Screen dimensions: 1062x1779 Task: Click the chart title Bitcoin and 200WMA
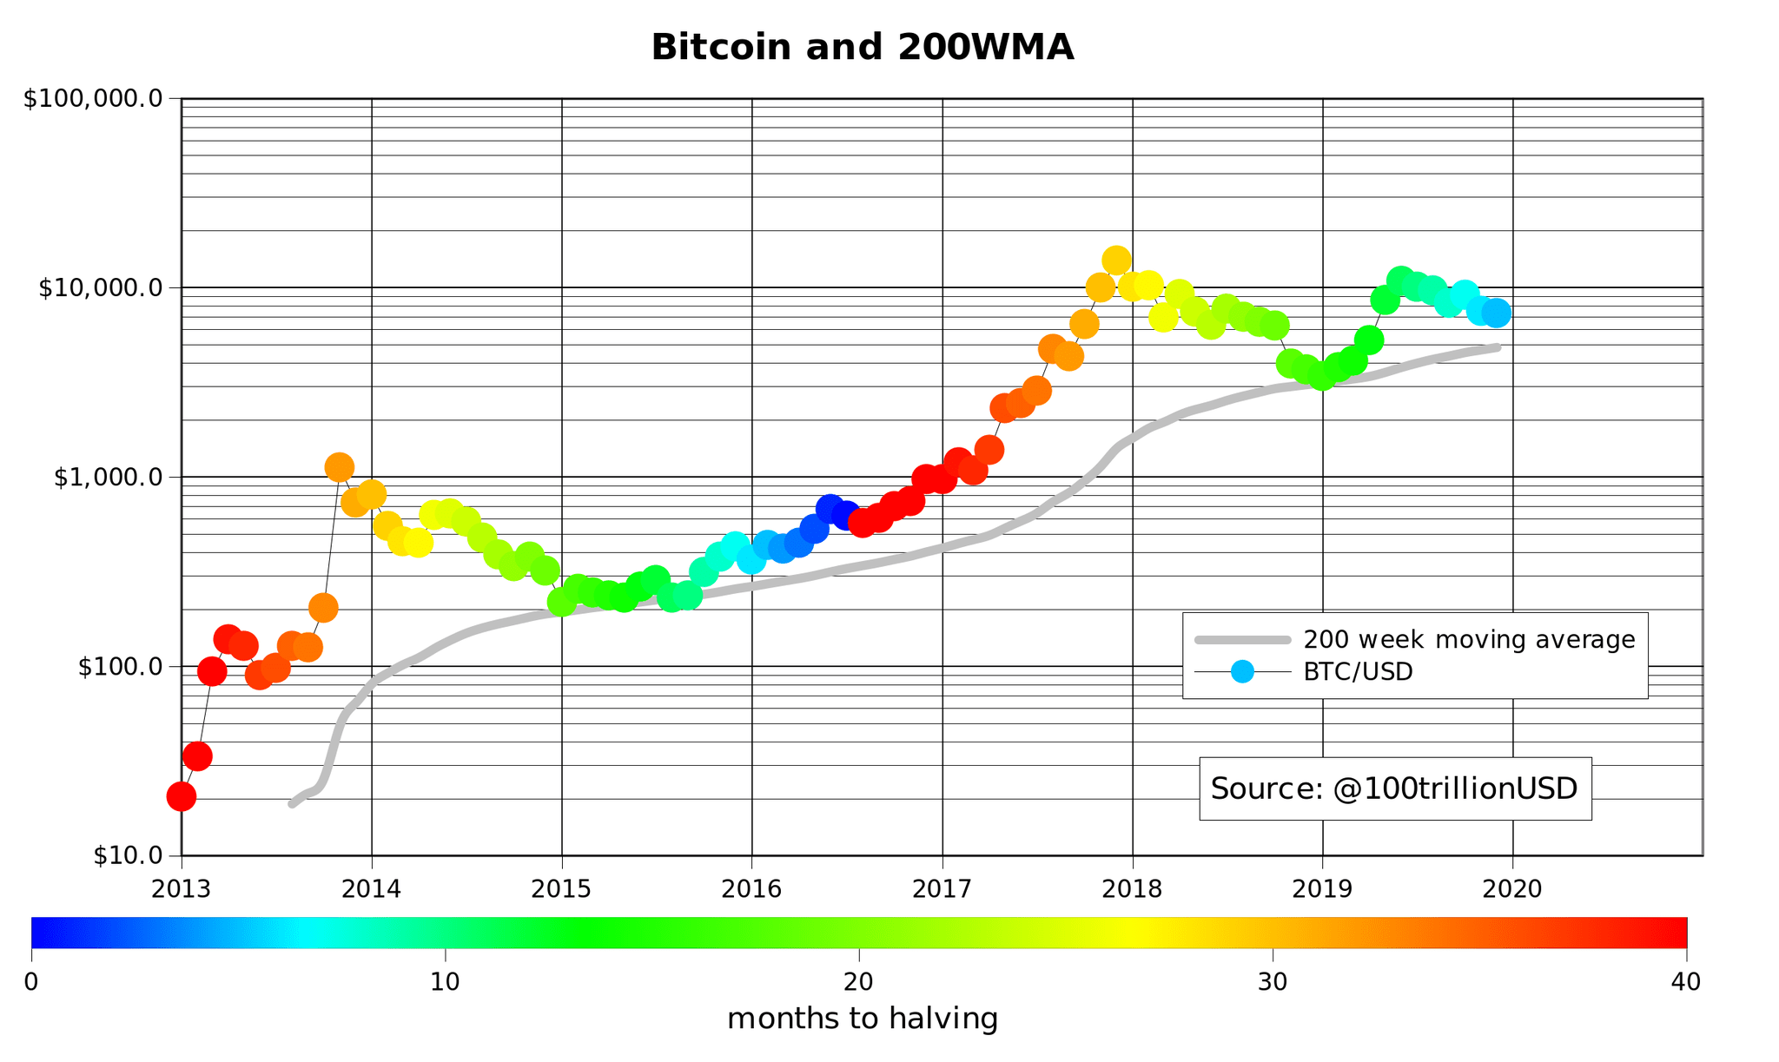(862, 48)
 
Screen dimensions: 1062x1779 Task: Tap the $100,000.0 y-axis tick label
(94, 99)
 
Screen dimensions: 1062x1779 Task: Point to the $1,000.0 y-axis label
(109, 477)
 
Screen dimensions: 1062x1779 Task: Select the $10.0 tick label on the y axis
(127, 855)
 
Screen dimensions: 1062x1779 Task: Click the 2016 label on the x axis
(752, 888)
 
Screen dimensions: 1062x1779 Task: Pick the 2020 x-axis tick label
(1512, 888)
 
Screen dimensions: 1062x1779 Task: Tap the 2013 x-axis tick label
(181, 888)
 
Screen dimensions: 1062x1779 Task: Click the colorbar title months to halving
(862, 1019)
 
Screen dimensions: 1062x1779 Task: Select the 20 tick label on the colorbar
(859, 982)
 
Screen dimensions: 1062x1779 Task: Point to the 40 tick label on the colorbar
(1686, 982)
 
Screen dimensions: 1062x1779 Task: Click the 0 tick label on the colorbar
(31, 982)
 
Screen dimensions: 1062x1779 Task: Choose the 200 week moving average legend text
(1469, 640)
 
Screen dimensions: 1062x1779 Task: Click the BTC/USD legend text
(1358, 672)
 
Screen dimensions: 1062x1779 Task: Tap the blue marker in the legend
(1242, 671)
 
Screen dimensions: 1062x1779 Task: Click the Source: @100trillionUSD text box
(1394, 788)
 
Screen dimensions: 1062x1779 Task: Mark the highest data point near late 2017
(1116, 260)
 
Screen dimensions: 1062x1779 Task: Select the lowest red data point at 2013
(181, 795)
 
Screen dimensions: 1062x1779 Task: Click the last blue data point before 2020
(1497, 313)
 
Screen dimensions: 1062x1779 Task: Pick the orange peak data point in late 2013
(340, 467)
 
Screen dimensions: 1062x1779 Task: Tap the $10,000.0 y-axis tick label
(101, 288)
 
